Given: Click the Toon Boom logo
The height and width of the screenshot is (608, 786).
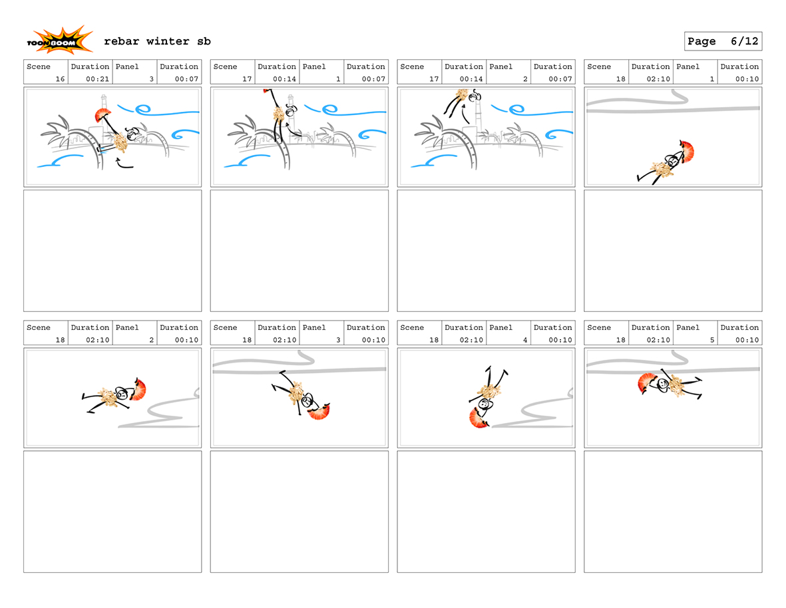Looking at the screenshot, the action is coord(59,41).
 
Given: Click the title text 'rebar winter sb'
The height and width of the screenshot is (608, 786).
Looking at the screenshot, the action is coord(157,41).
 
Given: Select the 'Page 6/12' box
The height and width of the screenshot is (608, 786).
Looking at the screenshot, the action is coord(723,41).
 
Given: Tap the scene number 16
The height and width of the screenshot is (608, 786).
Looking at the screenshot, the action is coord(60,78).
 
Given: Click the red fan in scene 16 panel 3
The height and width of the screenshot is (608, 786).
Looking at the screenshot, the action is coord(102,117).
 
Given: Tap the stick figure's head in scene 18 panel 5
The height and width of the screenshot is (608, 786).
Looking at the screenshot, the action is coord(663,383).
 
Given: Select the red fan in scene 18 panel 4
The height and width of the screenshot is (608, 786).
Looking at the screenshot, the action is coord(479,418).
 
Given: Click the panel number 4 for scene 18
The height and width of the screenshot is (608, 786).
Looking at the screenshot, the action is coord(525,340).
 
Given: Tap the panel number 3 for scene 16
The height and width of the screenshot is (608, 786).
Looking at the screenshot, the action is coord(151,78).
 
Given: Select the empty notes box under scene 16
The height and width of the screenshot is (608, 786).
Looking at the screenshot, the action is coord(112,251).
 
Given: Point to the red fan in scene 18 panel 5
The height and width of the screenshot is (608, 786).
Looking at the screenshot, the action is coord(646,383).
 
